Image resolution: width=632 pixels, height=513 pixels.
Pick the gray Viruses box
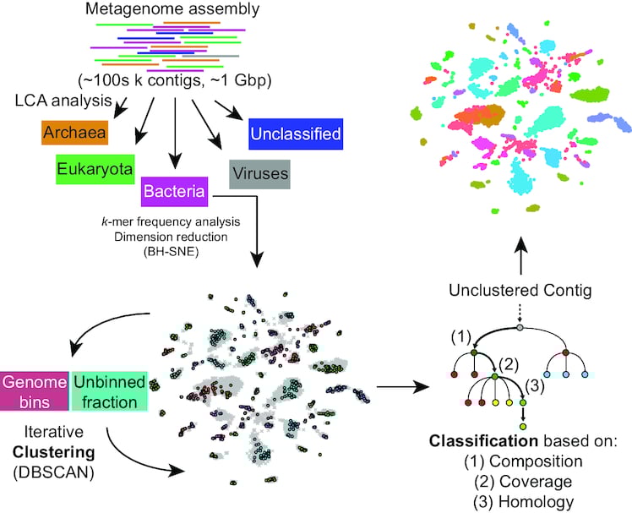click(x=259, y=174)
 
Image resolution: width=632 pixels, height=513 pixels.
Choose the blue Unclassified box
click(x=295, y=134)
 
